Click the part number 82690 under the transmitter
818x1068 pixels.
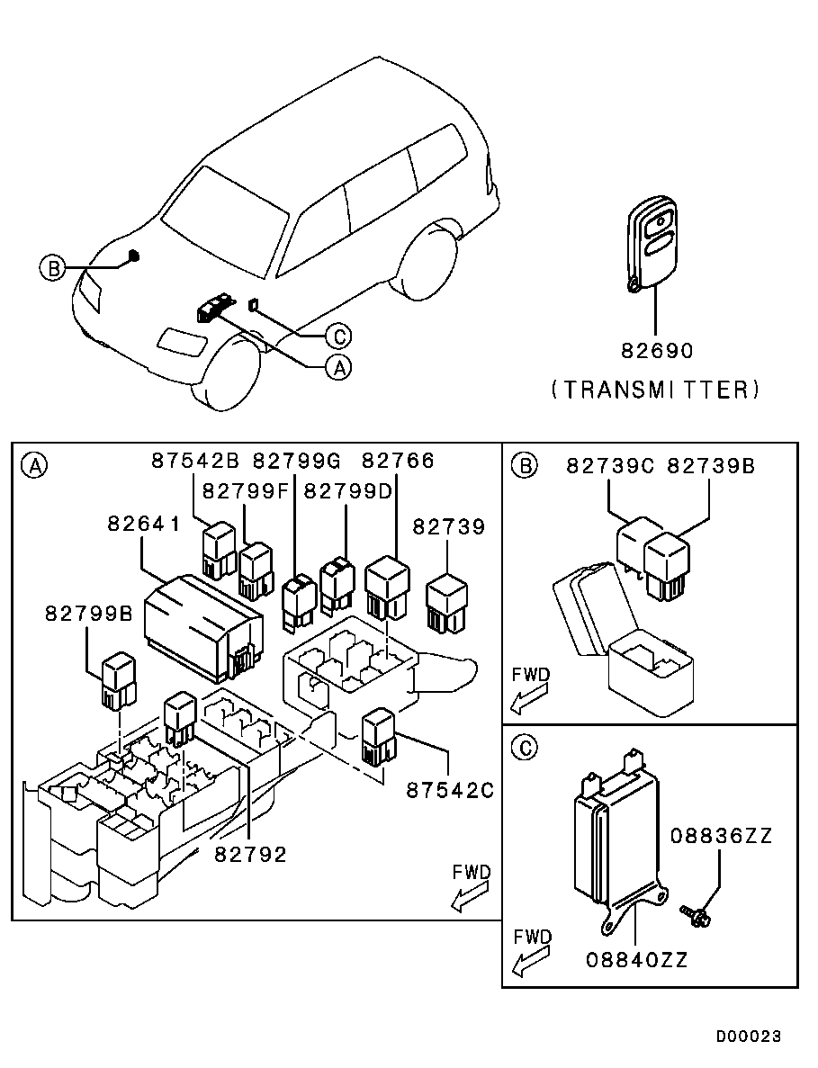(656, 349)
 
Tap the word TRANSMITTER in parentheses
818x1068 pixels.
(656, 389)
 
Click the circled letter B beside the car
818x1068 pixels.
(53, 268)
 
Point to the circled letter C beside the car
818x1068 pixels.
(338, 337)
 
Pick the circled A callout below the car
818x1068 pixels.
(337, 367)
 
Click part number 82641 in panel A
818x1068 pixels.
(144, 524)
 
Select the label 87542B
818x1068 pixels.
(195, 462)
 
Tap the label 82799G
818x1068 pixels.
(296, 462)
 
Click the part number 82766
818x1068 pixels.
(398, 462)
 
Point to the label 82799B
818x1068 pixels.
(89, 614)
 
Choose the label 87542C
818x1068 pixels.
(450, 790)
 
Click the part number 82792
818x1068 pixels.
(250, 854)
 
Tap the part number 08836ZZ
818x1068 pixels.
(721, 836)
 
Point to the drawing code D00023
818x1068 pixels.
(749, 1037)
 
